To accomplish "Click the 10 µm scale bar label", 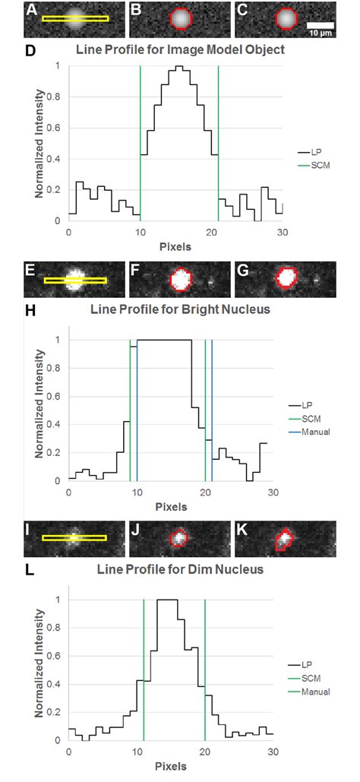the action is pos(319,33).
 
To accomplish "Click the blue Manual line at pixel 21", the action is pos(212,410).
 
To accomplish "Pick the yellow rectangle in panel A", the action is pos(75,19).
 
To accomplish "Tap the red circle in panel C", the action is pos(286,18).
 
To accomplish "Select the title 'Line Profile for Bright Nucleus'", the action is pos(181,309).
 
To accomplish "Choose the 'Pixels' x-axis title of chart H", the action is pos(171,507).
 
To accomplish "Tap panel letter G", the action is pos(242,271).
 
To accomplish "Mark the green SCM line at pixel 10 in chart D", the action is pos(140,144).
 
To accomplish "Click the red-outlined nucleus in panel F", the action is pos(181,280).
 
